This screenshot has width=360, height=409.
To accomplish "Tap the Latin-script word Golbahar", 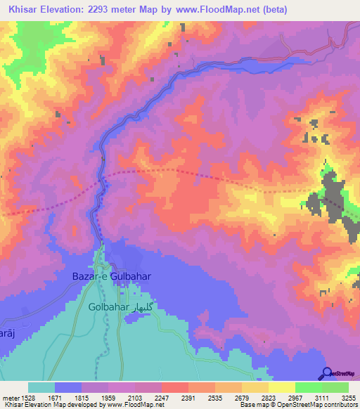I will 108,308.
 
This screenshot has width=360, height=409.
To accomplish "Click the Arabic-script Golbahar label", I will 143,308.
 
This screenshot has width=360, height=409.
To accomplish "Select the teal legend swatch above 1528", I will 41,387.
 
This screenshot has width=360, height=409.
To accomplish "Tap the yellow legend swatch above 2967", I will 281,387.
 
